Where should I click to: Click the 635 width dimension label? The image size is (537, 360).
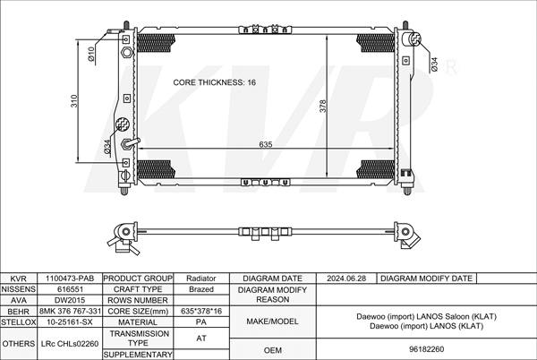[266, 144]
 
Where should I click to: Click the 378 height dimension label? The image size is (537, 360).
[322, 107]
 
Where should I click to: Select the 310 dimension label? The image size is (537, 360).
[74, 101]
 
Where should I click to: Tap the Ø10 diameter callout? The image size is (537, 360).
[90, 54]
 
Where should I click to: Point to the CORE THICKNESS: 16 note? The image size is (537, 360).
[215, 82]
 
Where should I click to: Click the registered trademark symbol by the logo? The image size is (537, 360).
[451, 67]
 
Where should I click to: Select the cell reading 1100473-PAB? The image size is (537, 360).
[70, 279]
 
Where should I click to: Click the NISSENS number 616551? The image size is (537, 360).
[70, 289]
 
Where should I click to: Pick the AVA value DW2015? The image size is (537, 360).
[70, 300]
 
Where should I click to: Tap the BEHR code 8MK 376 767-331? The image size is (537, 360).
[70, 311]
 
